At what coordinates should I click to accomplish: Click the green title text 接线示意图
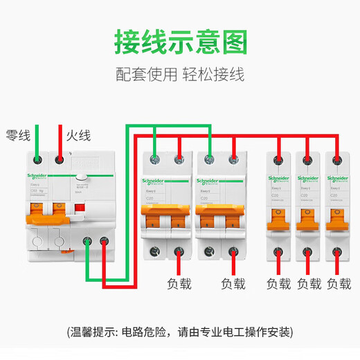tap(179, 42)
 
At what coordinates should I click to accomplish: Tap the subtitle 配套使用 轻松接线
tap(179, 73)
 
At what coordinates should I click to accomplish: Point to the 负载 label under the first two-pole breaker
tap(179, 284)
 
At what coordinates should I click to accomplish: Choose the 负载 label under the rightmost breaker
tap(339, 284)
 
